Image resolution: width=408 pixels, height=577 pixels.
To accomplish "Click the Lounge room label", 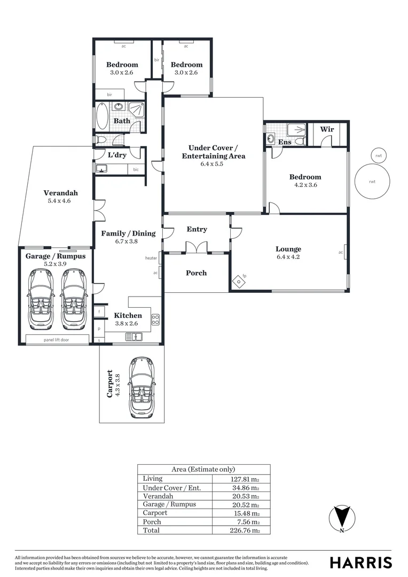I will coord(288,249).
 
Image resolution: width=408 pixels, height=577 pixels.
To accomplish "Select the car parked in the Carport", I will coord(141,387).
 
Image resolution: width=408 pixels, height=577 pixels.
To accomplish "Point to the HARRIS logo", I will coord(360,563).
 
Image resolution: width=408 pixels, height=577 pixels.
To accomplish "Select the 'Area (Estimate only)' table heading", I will coord(203,469).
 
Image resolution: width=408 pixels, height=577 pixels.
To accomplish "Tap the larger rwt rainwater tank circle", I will coord(372,182).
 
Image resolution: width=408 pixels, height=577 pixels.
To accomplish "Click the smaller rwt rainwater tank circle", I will coord(379,155).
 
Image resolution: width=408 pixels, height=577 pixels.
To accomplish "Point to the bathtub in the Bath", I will coord(102,116).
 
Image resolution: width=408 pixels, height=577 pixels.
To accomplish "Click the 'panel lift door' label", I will coord(59,340).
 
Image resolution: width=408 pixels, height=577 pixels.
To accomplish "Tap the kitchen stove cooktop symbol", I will coord(156,320).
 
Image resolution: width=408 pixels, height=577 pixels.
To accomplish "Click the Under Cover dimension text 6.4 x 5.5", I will coord(213,165).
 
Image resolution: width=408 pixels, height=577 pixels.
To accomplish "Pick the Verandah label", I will coord(61,193).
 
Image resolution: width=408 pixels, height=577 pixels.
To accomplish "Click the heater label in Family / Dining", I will coord(151,259).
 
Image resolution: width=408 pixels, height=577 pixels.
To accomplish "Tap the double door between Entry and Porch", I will coord(197,247).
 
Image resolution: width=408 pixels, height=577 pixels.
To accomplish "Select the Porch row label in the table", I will coord(152,521).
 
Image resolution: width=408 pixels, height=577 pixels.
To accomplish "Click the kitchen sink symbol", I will coord(134,337).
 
